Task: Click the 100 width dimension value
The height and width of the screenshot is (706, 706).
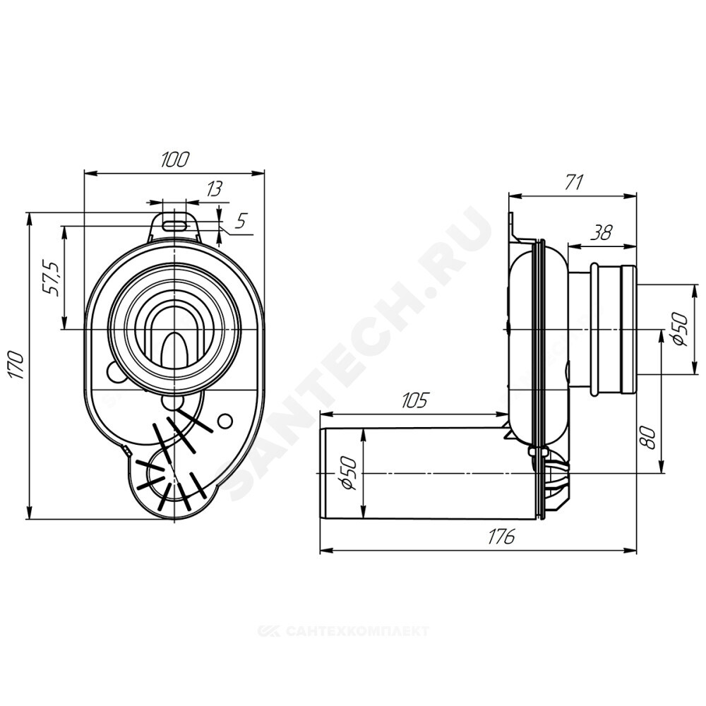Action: point(176,159)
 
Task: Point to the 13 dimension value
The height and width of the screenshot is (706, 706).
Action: point(215,189)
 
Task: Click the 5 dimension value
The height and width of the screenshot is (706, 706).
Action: point(241,221)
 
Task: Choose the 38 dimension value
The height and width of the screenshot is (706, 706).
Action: point(602,233)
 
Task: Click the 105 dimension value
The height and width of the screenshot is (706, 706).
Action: point(414,400)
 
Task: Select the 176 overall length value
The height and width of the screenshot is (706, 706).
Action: point(501,536)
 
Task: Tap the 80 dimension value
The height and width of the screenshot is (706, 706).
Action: point(647,437)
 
